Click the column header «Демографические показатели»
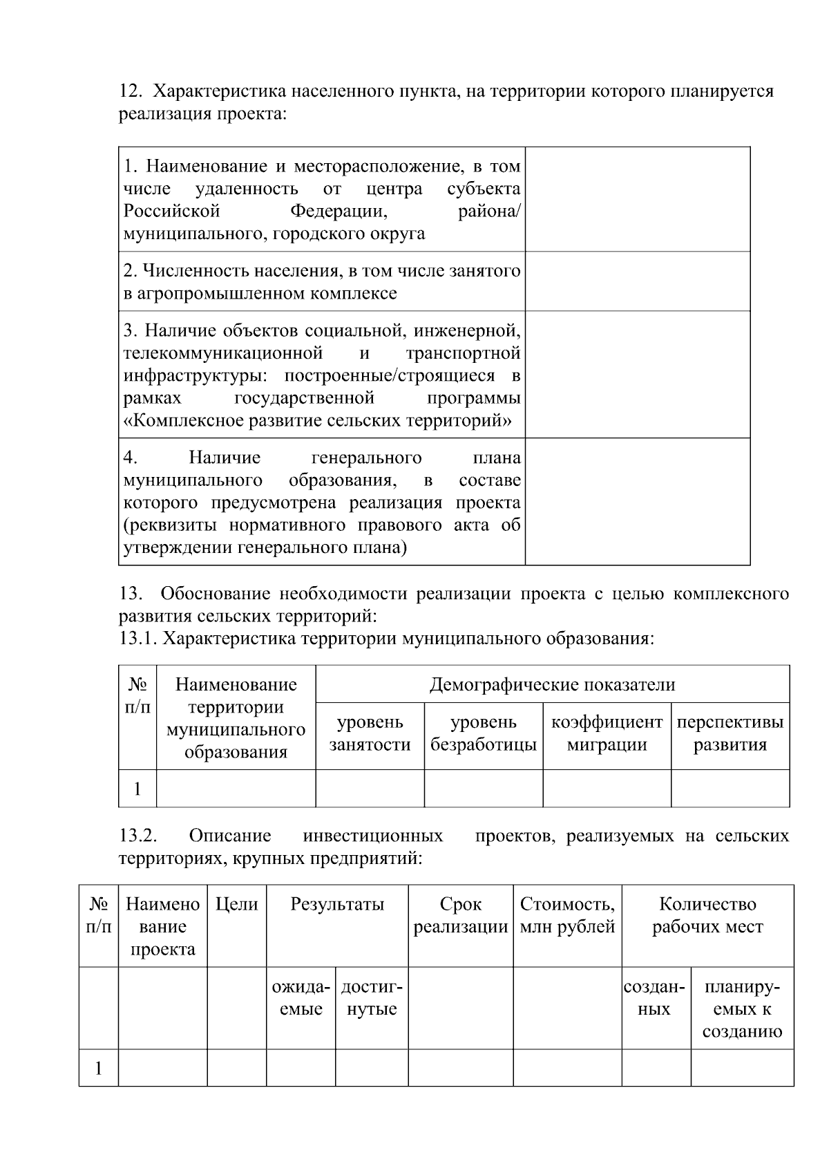coord(552,684)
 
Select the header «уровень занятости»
coord(370,733)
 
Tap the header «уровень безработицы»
coord(483,733)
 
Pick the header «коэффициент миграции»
coord(607,733)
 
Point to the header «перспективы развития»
coord(730,733)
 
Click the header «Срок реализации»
coord(460,915)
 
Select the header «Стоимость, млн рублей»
coord(566,915)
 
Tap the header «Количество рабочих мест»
coord(707,915)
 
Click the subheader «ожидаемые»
coord(301,998)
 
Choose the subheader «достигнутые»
coord(372,998)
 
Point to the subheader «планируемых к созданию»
coord(742,1009)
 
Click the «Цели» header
coord(236,904)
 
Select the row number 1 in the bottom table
coord(98,1068)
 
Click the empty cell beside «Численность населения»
coord(637,281)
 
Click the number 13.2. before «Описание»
coord(138,836)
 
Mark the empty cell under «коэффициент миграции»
coord(607,788)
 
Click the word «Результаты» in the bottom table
coord(337,904)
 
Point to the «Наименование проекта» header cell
coord(162,926)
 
